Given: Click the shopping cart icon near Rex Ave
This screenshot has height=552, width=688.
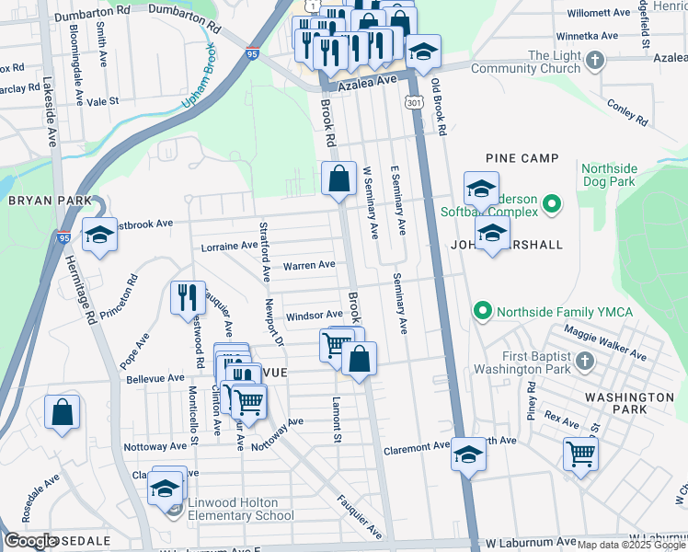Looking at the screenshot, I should (x=580, y=453).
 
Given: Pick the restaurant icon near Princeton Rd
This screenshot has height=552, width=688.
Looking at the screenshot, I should (x=188, y=296).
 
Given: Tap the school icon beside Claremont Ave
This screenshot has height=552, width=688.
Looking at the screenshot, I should (x=468, y=454).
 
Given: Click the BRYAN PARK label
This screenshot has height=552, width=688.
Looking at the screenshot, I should (x=50, y=201).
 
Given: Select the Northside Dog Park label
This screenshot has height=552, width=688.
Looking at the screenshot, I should (x=608, y=175).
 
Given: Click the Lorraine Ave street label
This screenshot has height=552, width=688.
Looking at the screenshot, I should (x=230, y=246).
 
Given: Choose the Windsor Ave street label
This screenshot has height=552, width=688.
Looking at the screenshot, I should (x=314, y=316).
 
